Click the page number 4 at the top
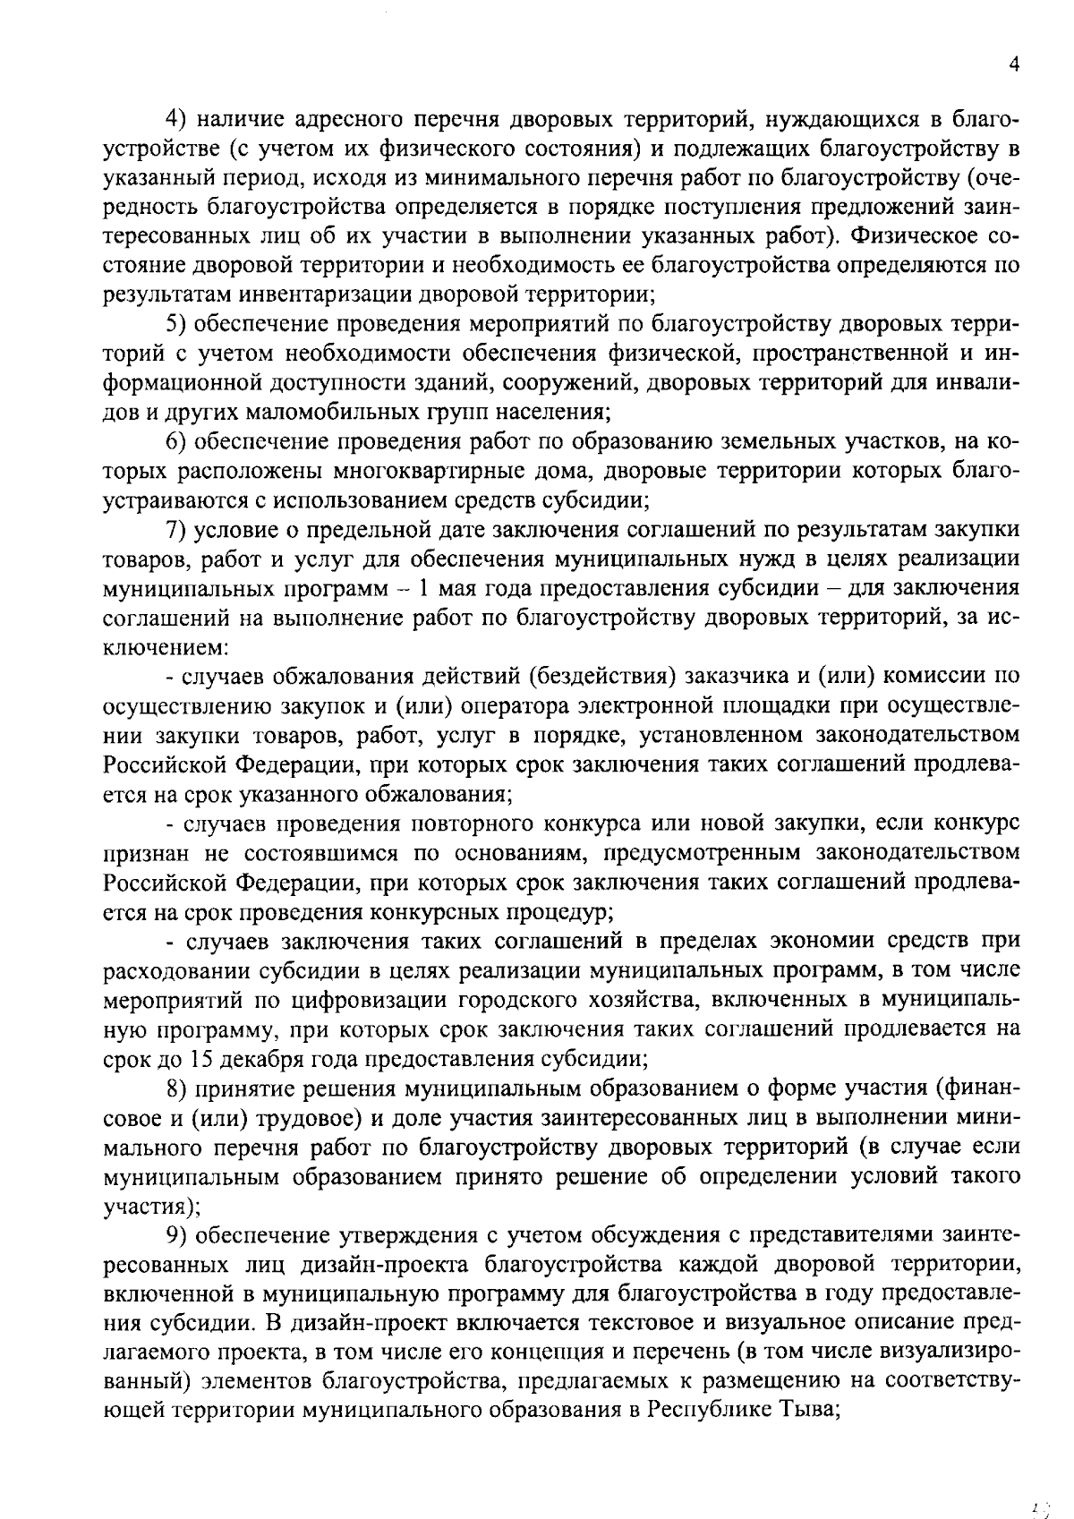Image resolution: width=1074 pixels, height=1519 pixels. click(x=1013, y=64)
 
